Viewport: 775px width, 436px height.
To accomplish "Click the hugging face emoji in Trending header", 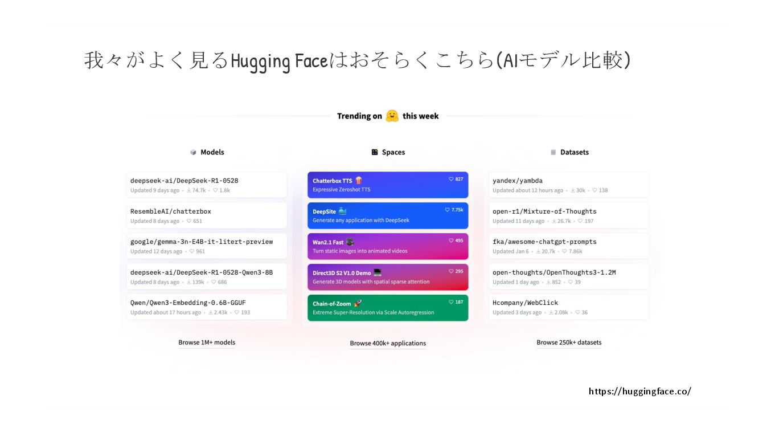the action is click(x=392, y=116).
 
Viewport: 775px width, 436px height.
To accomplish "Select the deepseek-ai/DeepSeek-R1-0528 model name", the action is click(x=184, y=181).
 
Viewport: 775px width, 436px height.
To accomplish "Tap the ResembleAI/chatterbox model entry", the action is click(x=171, y=211).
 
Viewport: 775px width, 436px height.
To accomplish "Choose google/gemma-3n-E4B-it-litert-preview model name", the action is click(x=202, y=242).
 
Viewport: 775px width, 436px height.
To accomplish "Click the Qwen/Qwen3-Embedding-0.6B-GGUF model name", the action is click(x=188, y=303).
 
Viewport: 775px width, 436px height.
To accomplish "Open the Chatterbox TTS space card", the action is click(x=388, y=185).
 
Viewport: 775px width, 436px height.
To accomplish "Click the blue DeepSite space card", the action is click(x=388, y=215).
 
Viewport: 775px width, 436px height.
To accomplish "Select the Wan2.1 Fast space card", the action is click(x=388, y=246).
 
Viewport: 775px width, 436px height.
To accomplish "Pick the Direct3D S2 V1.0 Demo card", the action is click(x=388, y=277).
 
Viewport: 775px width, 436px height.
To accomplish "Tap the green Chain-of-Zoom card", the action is click(x=388, y=308).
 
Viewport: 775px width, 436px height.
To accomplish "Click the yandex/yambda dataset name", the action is click(x=518, y=181).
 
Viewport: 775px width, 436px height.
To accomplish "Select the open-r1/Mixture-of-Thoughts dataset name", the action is click(x=544, y=211).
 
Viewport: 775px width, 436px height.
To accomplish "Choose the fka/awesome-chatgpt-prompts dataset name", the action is click(x=544, y=242).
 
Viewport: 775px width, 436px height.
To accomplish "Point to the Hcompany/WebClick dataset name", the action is click(x=525, y=303).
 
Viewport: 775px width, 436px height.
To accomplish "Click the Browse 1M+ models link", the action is click(x=207, y=343).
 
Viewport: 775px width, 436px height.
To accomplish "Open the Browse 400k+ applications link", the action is click(x=388, y=343).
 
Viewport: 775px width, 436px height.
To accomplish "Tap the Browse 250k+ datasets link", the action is click(x=569, y=343).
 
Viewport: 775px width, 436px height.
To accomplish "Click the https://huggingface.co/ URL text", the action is click(x=639, y=392).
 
